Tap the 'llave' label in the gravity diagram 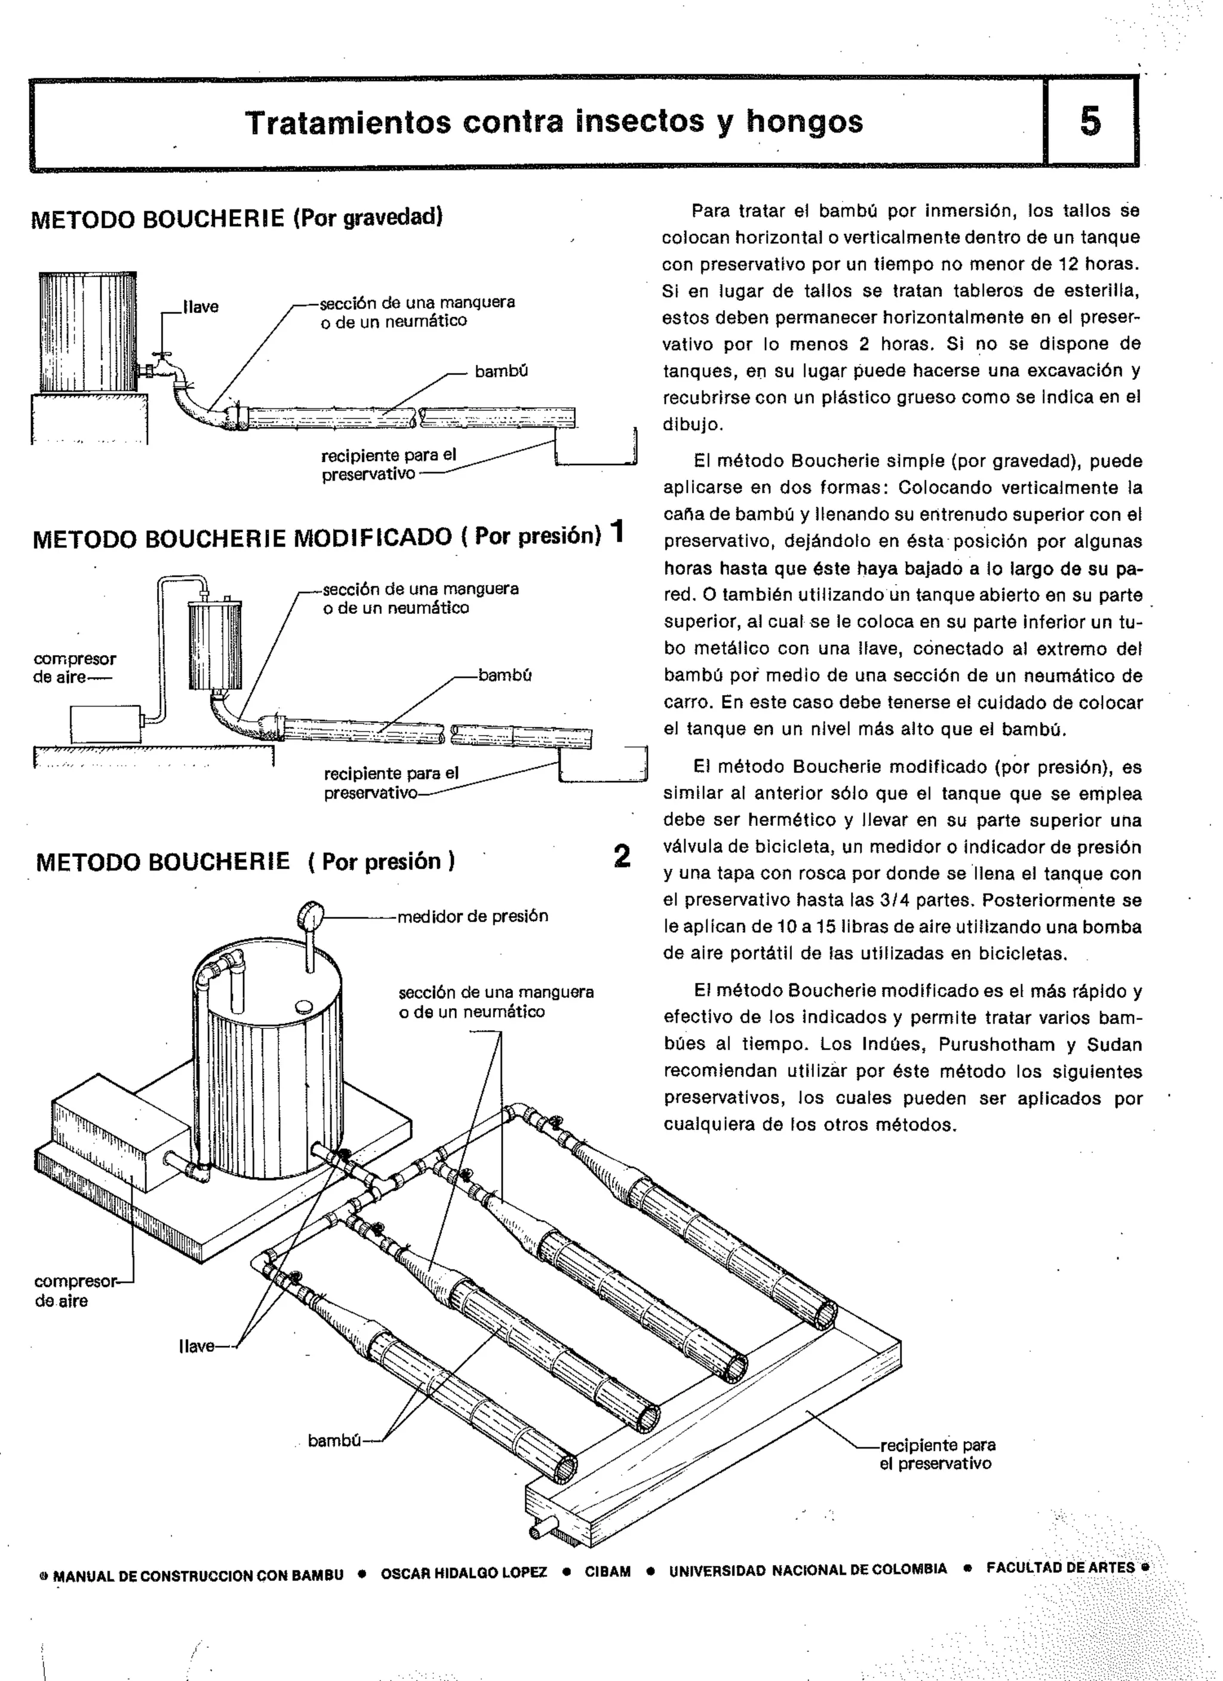(x=201, y=307)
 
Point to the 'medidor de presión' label (x=473, y=916)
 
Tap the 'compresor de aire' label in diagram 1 (x=73, y=668)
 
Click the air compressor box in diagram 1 (x=105, y=723)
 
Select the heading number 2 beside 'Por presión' (x=622, y=856)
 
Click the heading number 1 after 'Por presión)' (x=617, y=531)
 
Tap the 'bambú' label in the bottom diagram (x=334, y=1440)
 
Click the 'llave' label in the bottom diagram (x=196, y=1346)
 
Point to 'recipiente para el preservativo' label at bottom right (x=937, y=1453)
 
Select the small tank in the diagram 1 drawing (x=215, y=646)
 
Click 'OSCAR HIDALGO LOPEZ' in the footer (x=463, y=1573)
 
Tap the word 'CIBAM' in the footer (x=608, y=1572)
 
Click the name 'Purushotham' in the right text (x=996, y=1044)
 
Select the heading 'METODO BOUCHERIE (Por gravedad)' (x=236, y=218)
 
